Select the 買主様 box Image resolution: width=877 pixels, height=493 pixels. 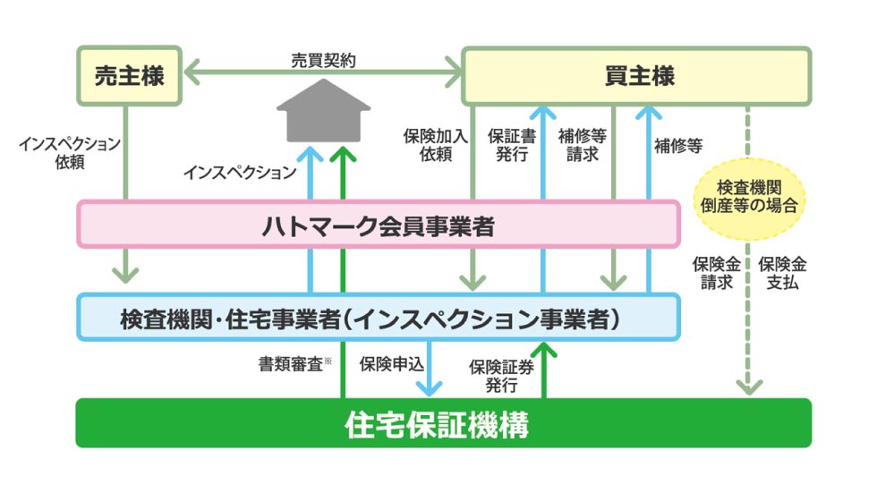coord(636,76)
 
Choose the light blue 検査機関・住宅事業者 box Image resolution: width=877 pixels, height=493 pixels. coord(377,318)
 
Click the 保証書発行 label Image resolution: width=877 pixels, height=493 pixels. coord(507,145)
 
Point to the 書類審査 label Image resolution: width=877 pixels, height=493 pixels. coord(293,364)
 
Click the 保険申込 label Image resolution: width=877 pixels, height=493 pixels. coord(387,364)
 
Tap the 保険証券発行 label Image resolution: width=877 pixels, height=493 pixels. coord(495,374)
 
